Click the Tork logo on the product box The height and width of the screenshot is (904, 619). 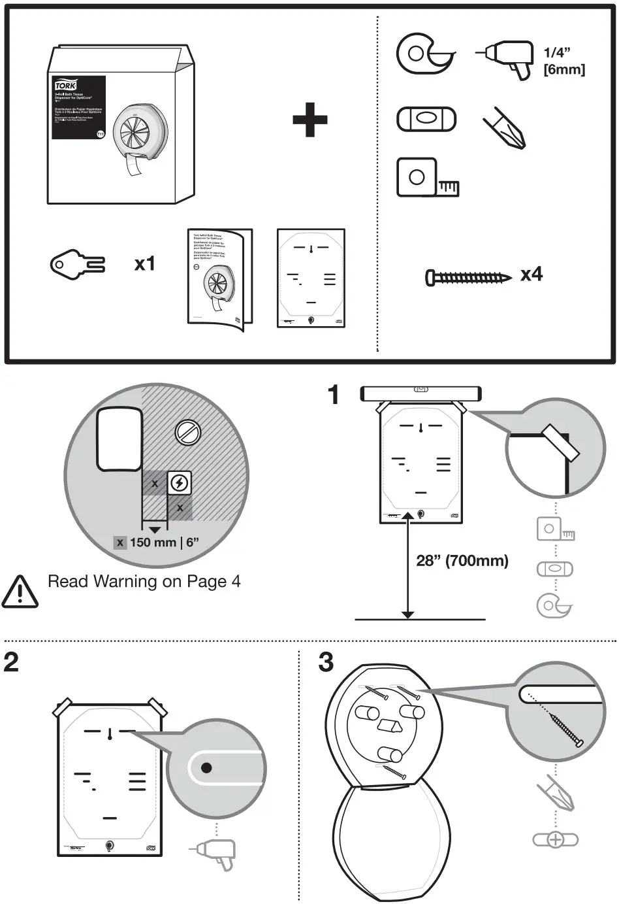(x=65, y=86)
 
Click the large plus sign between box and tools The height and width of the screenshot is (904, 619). (x=309, y=119)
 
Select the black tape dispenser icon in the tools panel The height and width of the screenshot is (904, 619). (x=425, y=54)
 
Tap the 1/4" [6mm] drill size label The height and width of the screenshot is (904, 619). (x=563, y=61)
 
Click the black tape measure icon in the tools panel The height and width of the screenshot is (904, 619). (x=425, y=177)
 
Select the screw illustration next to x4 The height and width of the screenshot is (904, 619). (x=468, y=278)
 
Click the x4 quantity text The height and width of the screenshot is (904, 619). (x=532, y=275)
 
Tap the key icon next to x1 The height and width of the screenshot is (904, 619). (x=77, y=264)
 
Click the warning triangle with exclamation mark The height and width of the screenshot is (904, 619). (x=20, y=591)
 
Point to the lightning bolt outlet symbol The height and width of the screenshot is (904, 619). (x=180, y=483)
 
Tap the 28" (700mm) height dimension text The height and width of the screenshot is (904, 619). (x=462, y=560)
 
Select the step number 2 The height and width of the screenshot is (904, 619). (x=11, y=662)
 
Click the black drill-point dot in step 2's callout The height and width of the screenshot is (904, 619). (x=206, y=767)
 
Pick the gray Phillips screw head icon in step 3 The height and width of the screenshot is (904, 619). (x=555, y=840)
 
